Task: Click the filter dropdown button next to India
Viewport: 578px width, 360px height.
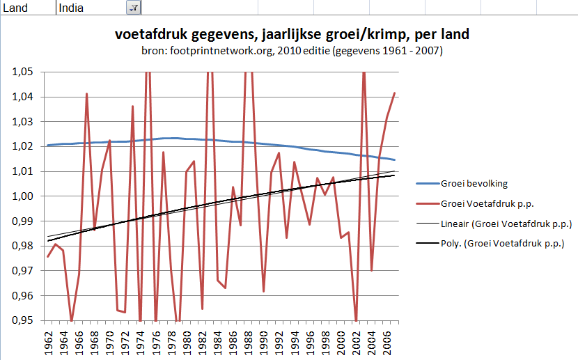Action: click(132, 8)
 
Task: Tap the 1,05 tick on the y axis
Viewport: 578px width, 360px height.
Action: click(24, 72)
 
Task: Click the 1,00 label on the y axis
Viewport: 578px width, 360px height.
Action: click(24, 196)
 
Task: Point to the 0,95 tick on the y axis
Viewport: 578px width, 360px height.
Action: click(24, 320)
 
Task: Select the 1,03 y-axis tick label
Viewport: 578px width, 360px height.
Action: click(24, 122)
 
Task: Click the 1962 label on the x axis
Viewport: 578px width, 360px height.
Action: click(49, 342)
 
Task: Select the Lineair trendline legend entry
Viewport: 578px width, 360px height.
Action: click(506, 224)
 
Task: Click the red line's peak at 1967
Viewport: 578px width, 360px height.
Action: click(87, 93)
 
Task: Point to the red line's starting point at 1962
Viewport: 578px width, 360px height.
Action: click(48, 257)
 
